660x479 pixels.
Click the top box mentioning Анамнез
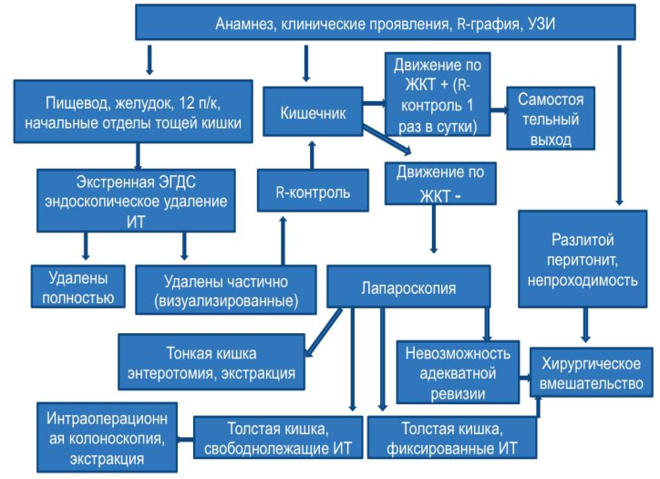coord(385,22)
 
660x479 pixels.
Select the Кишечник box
coord(313,111)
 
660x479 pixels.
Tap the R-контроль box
coord(313,191)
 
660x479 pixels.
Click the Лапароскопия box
coord(408,286)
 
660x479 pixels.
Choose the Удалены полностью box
coord(77,286)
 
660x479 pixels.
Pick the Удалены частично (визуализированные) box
coord(225,290)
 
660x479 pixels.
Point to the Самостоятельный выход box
coord(551,119)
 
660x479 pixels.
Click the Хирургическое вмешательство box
coord(591,372)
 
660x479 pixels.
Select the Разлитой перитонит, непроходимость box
coord(583,259)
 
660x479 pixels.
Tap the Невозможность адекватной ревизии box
coord(458,372)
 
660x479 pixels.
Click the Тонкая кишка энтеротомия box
coord(211,362)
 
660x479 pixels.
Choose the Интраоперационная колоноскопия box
coord(107,437)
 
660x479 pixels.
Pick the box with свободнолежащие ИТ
coord(278,437)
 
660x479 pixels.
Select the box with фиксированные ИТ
coord(452,437)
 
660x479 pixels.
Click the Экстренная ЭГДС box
coord(136,201)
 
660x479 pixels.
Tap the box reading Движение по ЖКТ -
coord(440,183)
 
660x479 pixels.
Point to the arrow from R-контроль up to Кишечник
coord(312,155)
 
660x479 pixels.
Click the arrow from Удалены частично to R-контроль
coord(284,241)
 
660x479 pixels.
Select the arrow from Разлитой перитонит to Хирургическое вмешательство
coord(585,325)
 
